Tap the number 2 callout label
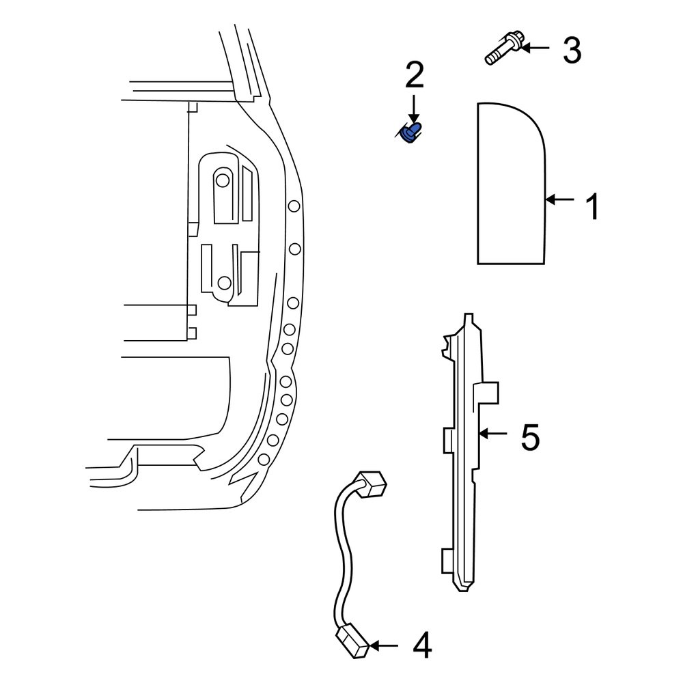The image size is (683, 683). pyautogui.click(x=414, y=75)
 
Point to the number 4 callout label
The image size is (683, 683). pyautogui.click(x=421, y=645)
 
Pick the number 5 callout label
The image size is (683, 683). pyautogui.click(x=529, y=437)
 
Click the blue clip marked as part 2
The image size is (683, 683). pyautogui.click(x=411, y=132)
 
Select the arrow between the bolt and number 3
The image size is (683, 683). pyautogui.click(x=537, y=48)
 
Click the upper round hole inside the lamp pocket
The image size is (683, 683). pyautogui.click(x=223, y=180)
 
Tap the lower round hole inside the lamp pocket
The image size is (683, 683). pyautogui.click(x=223, y=282)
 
